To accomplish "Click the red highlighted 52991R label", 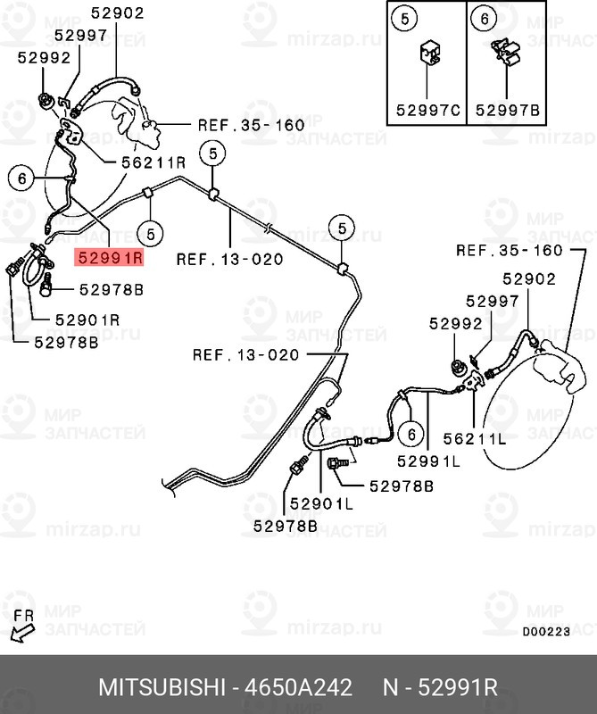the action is (109, 258).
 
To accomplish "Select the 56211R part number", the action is (153, 162).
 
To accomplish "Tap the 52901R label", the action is (87, 320).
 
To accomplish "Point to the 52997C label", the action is (428, 110).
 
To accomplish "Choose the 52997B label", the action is (507, 110).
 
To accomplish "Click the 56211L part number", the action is (475, 439).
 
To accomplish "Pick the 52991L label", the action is (428, 461).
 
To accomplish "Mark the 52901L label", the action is (321, 503).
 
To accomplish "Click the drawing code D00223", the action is (546, 632).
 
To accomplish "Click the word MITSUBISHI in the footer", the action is (162, 687).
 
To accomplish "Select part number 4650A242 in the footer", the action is (298, 687).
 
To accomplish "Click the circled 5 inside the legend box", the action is (405, 19).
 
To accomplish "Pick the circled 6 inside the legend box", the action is (484, 19).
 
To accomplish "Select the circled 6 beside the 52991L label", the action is (411, 434).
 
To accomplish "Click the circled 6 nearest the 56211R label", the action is (21, 178).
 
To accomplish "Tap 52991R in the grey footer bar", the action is (458, 687).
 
